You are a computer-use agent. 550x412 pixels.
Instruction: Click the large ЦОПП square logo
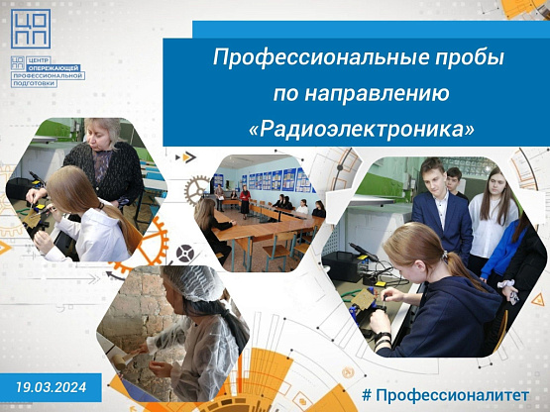(31, 29)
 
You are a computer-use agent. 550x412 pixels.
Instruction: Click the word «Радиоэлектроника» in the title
(361, 129)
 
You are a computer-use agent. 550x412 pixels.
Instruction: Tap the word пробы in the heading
(470, 57)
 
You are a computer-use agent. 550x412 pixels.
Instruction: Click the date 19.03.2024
(51, 387)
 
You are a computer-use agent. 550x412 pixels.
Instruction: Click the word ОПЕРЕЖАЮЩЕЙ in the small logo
(55, 67)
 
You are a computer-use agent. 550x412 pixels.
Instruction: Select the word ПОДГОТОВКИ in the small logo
(34, 83)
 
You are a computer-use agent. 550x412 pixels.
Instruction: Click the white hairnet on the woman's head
(194, 282)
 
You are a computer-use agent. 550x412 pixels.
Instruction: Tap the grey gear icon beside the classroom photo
(195, 190)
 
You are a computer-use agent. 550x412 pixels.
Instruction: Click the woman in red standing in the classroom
(245, 200)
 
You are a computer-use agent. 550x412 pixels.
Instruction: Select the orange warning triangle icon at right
(537, 300)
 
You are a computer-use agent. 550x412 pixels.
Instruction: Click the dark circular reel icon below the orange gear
(185, 254)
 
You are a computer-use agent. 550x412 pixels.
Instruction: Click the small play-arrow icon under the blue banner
(186, 157)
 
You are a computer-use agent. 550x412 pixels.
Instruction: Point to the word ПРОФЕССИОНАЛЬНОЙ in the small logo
(48, 75)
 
